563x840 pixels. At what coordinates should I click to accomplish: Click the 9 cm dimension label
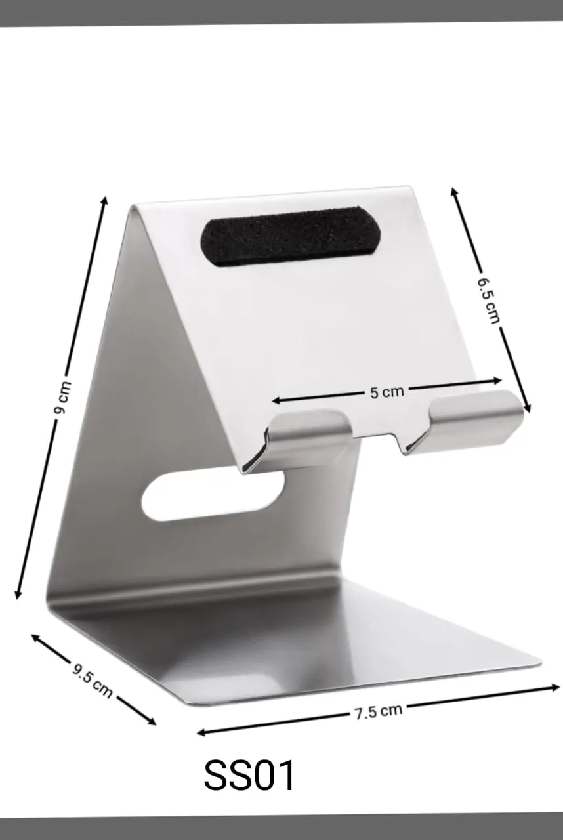coord(62,398)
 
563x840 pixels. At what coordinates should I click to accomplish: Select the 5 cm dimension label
coord(386,392)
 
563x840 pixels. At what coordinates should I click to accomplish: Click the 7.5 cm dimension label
coord(378,711)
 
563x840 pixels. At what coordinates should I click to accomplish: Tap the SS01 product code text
coord(249,776)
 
